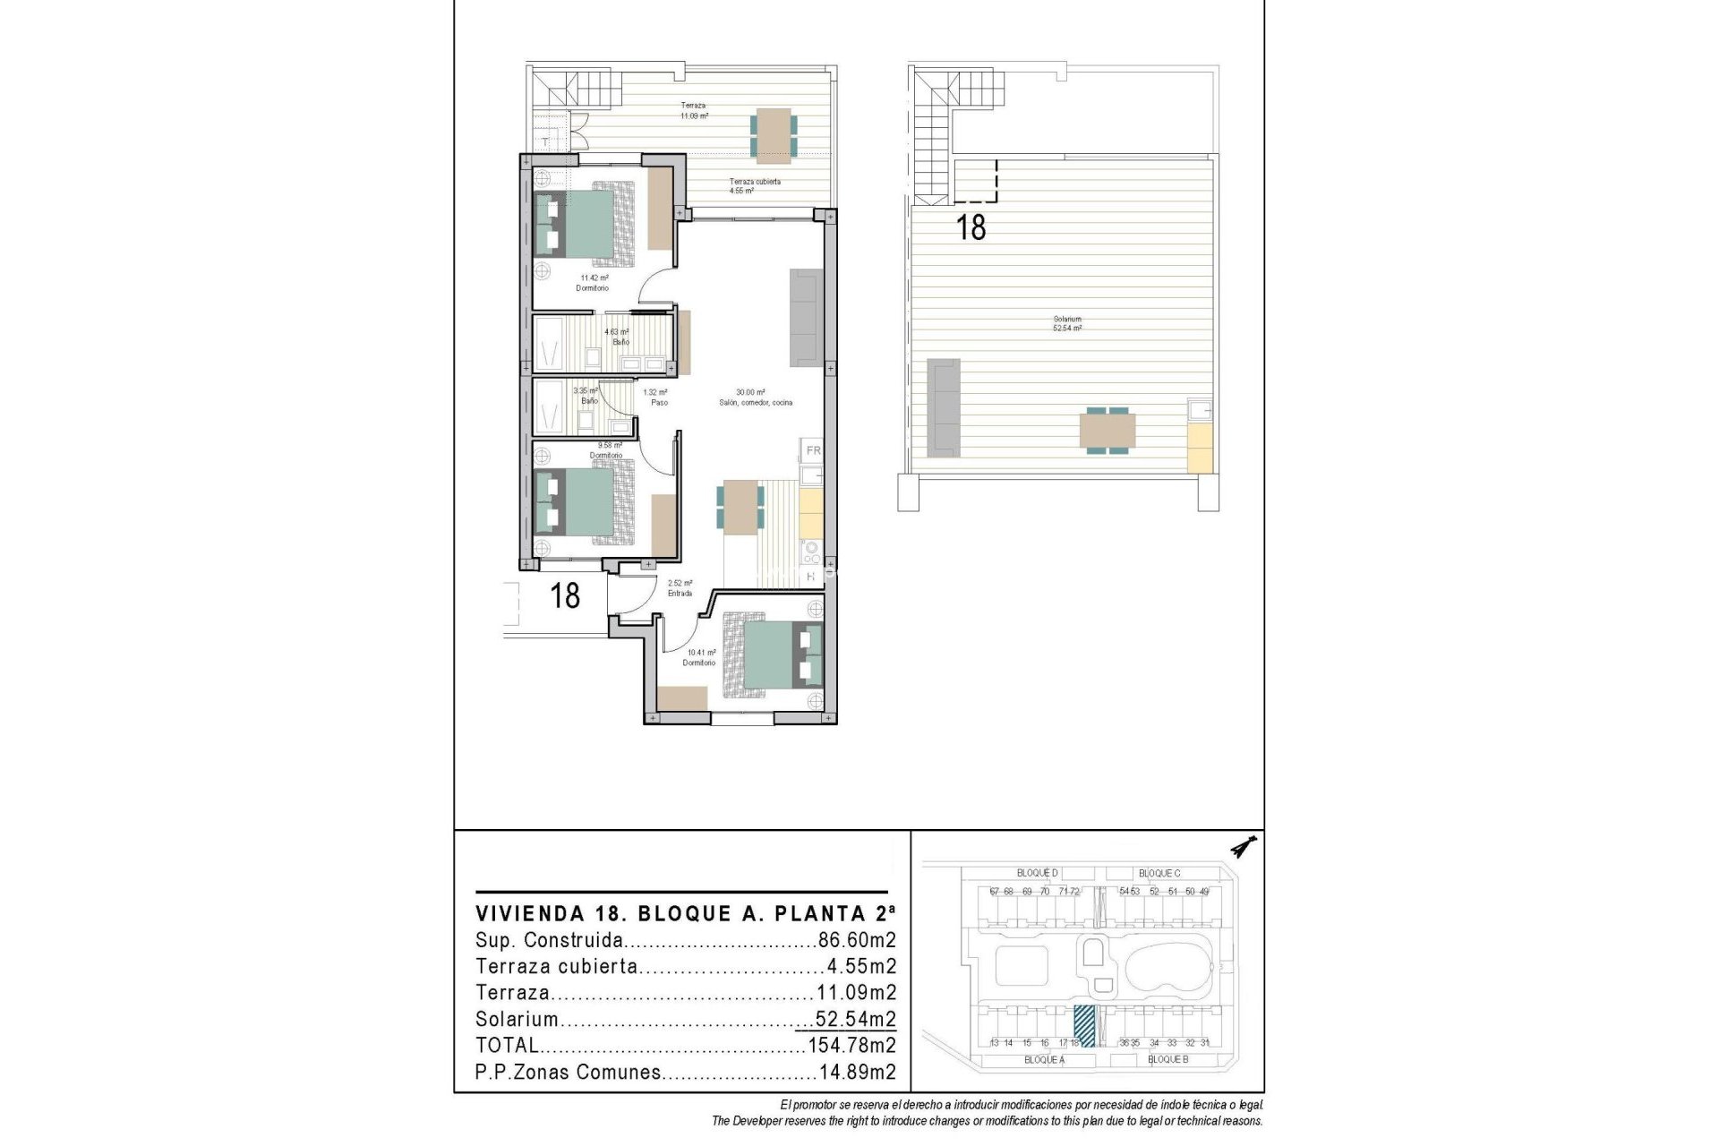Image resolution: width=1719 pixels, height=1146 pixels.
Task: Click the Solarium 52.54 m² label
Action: pos(1067,324)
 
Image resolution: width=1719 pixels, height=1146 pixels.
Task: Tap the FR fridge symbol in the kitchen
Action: pos(813,450)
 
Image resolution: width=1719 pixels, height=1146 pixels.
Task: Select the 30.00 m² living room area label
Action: pos(755,398)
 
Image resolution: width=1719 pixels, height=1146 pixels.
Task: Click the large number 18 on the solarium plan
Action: pos(971,227)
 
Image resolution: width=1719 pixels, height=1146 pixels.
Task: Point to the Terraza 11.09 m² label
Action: pos(694,111)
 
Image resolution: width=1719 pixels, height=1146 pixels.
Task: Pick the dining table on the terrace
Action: pos(771,134)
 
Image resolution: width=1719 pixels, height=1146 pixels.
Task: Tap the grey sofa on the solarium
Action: pos(943,405)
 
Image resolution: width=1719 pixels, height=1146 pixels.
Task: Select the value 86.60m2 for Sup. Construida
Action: pos(857,941)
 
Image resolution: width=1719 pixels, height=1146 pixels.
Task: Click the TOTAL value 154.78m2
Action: pos(851,1045)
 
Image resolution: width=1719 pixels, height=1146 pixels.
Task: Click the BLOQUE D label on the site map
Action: pos(1037,873)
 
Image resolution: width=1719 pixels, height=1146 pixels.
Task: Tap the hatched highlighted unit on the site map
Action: pos(1084,1026)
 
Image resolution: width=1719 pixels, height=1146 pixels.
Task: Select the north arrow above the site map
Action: pos(1244,844)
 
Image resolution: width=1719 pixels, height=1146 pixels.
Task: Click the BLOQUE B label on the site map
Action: pos(1167,1059)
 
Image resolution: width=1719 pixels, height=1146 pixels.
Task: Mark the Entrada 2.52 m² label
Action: pos(680,587)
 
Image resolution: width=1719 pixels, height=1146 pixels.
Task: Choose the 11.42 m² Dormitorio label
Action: pos(592,283)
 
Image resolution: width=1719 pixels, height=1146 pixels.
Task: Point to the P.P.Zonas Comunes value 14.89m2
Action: pos(857,1072)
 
